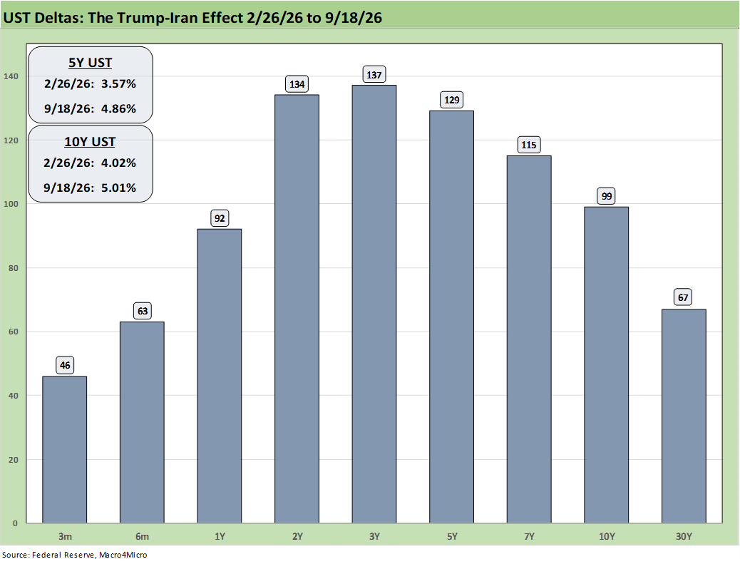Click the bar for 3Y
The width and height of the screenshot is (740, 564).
374,304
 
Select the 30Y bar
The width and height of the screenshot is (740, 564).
684,416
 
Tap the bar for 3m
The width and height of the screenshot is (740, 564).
65,450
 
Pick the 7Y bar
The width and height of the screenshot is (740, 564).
529,339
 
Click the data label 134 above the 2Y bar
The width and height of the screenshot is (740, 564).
297,84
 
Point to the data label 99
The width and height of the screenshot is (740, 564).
607,196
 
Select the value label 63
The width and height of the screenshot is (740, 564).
142,311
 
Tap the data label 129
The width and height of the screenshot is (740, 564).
452,100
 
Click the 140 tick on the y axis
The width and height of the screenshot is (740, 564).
11,76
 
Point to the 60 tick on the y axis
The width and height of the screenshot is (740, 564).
14,332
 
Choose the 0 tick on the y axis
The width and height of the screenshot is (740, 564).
16,523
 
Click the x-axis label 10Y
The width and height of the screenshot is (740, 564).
607,537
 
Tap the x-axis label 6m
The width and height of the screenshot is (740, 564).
142,537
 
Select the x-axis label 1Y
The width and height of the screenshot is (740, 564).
220,537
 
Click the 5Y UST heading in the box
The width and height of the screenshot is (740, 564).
90,63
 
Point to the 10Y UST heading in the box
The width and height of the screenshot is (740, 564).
90,142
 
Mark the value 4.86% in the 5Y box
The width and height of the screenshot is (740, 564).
118,108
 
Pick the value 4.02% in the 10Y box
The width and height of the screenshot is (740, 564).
118,163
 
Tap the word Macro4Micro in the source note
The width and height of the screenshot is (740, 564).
123,555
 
